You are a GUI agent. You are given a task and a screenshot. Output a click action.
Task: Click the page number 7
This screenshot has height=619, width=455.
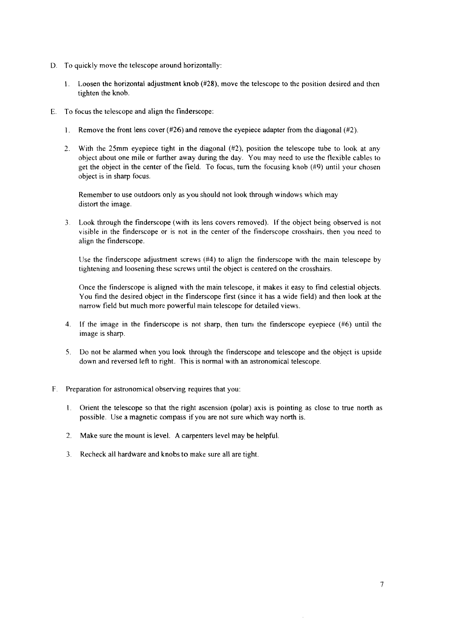pyautogui.click(x=382, y=585)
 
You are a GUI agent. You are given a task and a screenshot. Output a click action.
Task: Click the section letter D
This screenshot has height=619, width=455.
pyautogui.click(x=53, y=65)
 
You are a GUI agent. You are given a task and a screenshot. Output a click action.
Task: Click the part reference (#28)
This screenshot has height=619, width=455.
pyautogui.click(x=210, y=84)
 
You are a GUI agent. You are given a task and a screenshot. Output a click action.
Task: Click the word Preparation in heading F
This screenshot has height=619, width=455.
pyautogui.click(x=83, y=389)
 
